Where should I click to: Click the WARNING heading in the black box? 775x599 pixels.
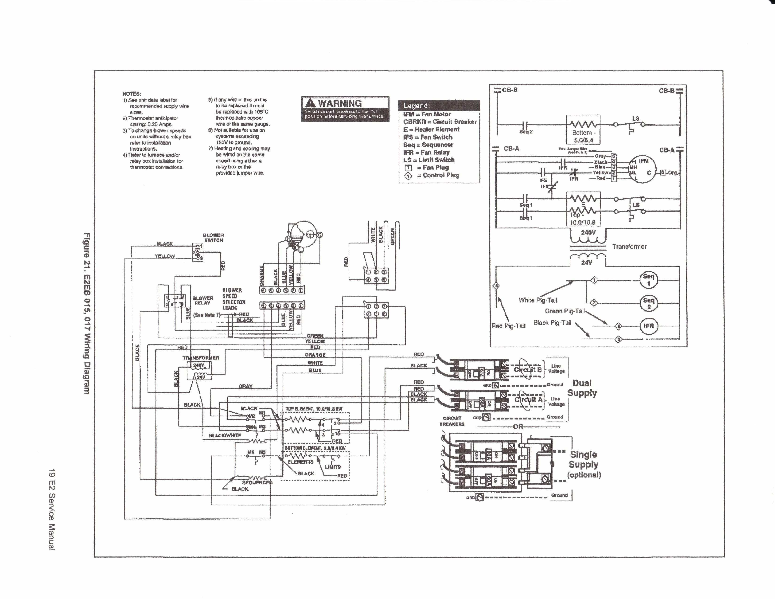340,103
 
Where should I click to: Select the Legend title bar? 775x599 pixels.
439,106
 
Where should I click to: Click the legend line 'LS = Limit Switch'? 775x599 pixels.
429,160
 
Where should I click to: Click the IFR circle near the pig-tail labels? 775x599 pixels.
648,326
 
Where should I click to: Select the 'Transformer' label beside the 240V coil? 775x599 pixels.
629,247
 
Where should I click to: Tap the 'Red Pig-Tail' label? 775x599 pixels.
508,326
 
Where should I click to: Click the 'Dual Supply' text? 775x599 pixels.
582,388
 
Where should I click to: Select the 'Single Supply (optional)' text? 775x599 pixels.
584,464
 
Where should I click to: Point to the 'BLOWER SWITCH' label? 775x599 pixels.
213,238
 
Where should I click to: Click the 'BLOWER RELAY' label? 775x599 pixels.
203,300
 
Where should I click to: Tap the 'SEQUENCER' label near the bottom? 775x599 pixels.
257,482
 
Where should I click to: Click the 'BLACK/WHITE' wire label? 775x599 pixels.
225,435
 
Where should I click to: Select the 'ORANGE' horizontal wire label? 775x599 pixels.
315,355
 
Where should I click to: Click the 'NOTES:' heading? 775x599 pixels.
132,94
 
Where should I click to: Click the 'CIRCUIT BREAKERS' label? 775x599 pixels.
452,421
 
